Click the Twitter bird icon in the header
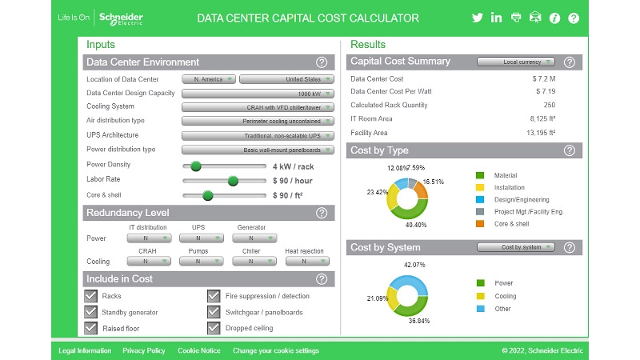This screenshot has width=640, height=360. (x=478, y=18)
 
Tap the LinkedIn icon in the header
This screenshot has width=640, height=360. (x=497, y=18)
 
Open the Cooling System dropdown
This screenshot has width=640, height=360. (x=257, y=107)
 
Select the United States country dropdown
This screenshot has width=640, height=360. (x=286, y=79)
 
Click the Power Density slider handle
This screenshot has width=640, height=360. (x=195, y=166)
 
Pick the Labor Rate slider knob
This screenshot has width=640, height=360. (x=233, y=181)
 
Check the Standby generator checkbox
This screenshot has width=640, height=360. (x=91, y=312)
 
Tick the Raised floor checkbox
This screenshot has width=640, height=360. (x=91, y=328)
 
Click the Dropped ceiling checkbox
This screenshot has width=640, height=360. (x=214, y=328)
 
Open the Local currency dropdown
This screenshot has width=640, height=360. (x=515, y=62)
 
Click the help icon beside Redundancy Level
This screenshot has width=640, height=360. (x=322, y=214)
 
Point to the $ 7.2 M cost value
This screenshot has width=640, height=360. (x=544, y=79)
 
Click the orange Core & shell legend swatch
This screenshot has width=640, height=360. (x=480, y=224)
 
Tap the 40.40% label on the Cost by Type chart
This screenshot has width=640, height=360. (x=404, y=226)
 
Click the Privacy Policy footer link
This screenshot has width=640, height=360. (x=144, y=350)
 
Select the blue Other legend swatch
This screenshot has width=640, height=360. (x=480, y=308)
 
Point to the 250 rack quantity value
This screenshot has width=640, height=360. (x=549, y=105)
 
